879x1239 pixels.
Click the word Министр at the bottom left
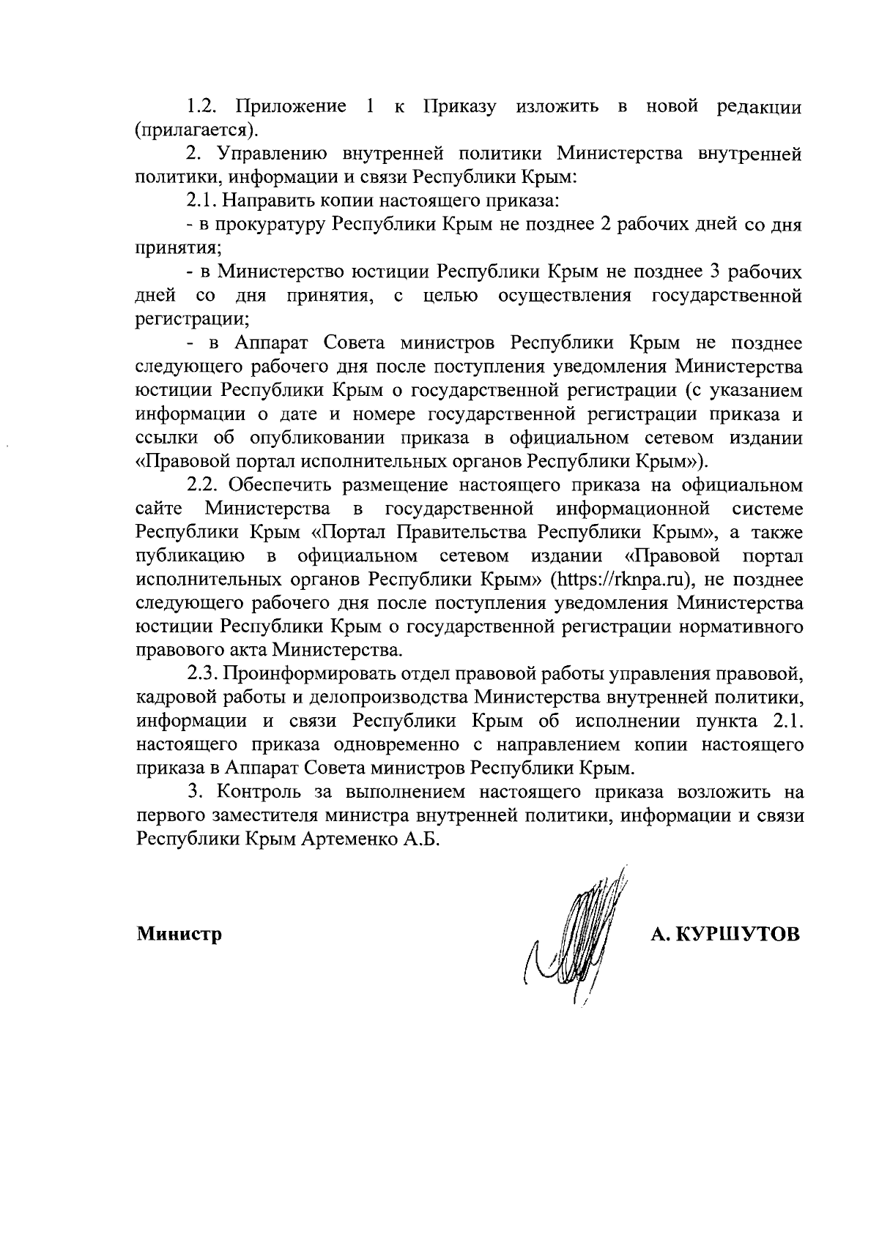pyautogui.click(x=179, y=935)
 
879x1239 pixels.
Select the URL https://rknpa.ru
pyautogui.click(x=620, y=580)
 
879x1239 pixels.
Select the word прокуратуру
pyautogui.click(x=271, y=225)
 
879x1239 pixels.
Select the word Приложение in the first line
pyautogui.click(x=290, y=107)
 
